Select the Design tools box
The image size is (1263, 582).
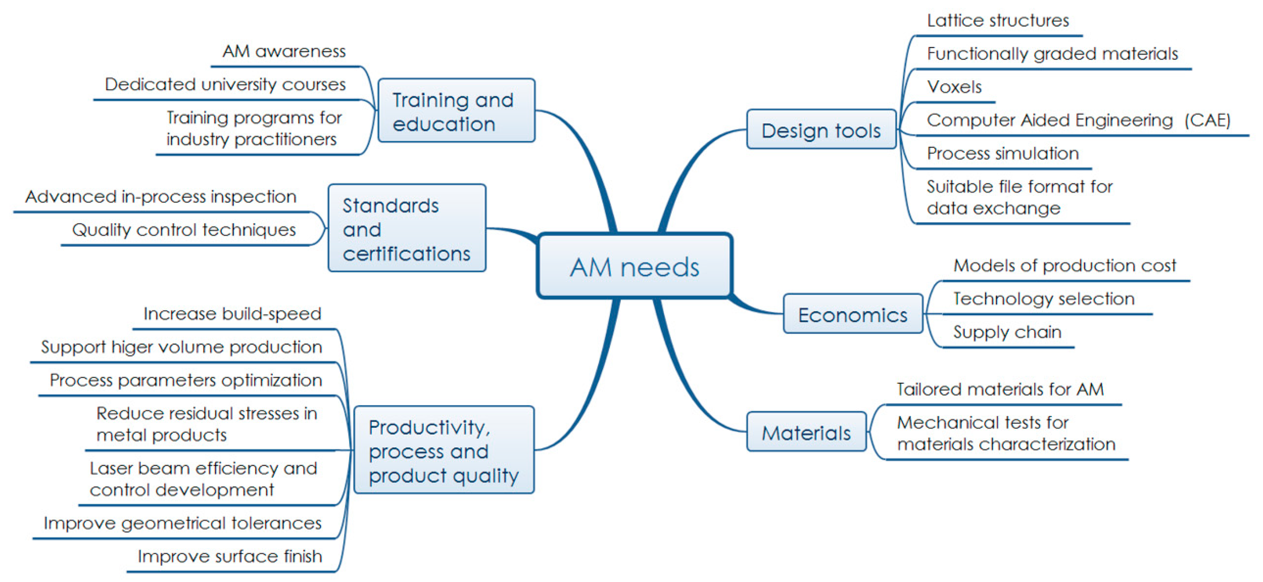[821, 130]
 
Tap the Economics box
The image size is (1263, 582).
[853, 314]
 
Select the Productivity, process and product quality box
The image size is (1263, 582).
[444, 450]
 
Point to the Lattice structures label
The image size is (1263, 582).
[998, 20]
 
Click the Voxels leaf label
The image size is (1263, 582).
[954, 87]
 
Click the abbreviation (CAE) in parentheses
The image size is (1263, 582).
[1207, 120]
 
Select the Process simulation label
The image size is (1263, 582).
[1003, 153]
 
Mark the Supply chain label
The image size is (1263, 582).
[1007, 332]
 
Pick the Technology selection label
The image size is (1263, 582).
[1043, 298]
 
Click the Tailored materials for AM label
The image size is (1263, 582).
[1000, 389]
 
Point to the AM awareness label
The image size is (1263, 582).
[284, 51]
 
